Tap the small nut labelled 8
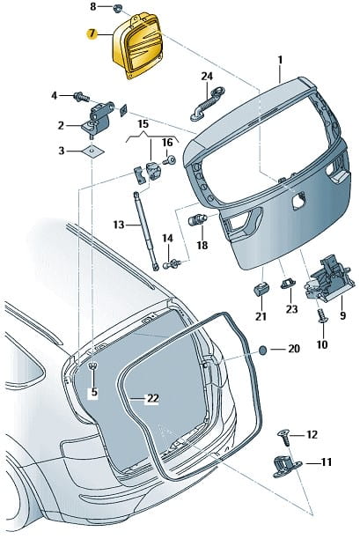pyautogui.click(x=117, y=8)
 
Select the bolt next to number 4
pyautogui.click(x=81, y=97)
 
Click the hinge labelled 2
pyautogui.click(x=98, y=117)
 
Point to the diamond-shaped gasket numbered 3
pyautogui.click(x=92, y=151)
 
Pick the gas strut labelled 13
pyautogui.click(x=146, y=230)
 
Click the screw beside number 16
pyautogui.click(x=169, y=160)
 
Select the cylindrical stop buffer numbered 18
pyautogui.click(x=198, y=219)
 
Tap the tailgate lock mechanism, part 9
pyautogui.click(x=329, y=278)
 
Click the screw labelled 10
pyautogui.click(x=322, y=315)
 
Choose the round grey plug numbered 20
pyautogui.click(x=262, y=350)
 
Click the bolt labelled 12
pyautogui.click(x=284, y=438)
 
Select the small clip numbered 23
pyautogui.click(x=288, y=284)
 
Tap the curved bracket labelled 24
pyautogui.click(x=207, y=102)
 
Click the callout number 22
pyautogui.click(x=152, y=398)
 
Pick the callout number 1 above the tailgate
pyautogui.click(x=280, y=60)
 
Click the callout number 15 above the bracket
pyautogui.click(x=143, y=124)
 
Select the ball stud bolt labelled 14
pyautogui.click(x=172, y=264)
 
